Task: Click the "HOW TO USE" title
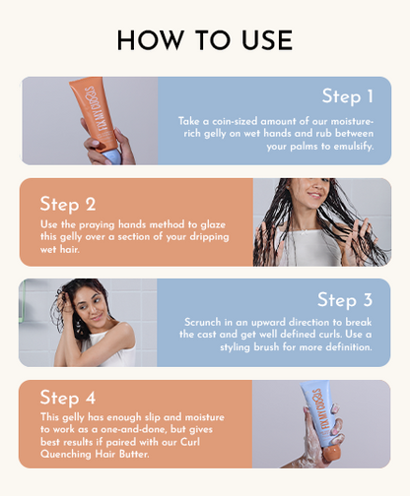point(205,40)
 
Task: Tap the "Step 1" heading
point(348,96)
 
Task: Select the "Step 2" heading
point(68,204)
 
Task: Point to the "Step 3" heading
point(345,300)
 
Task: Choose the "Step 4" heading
point(68,398)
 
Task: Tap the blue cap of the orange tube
point(111,156)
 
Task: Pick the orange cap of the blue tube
point(331,455)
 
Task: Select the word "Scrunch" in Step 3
point(203,322)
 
